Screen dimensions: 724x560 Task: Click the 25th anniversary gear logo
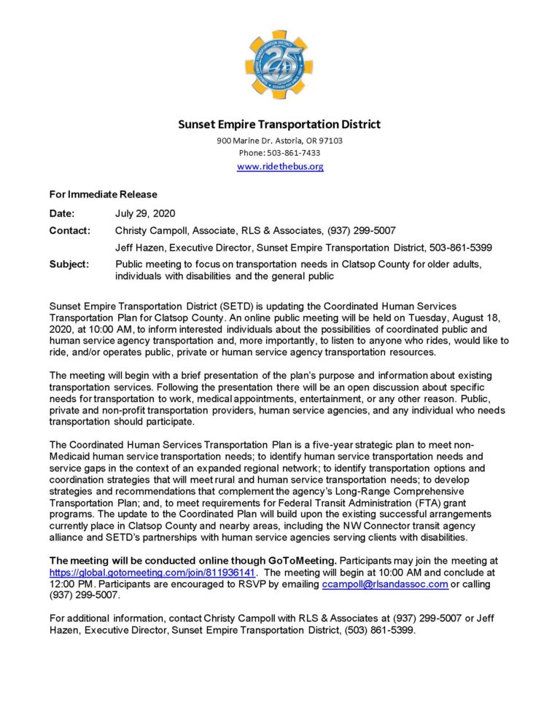click(x=280, y=65)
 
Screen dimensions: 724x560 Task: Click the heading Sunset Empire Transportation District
click(x=280, y=125)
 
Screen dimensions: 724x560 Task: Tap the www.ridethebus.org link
click(x=280, y=167)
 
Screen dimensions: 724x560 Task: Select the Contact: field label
click(x=69, y=230)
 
